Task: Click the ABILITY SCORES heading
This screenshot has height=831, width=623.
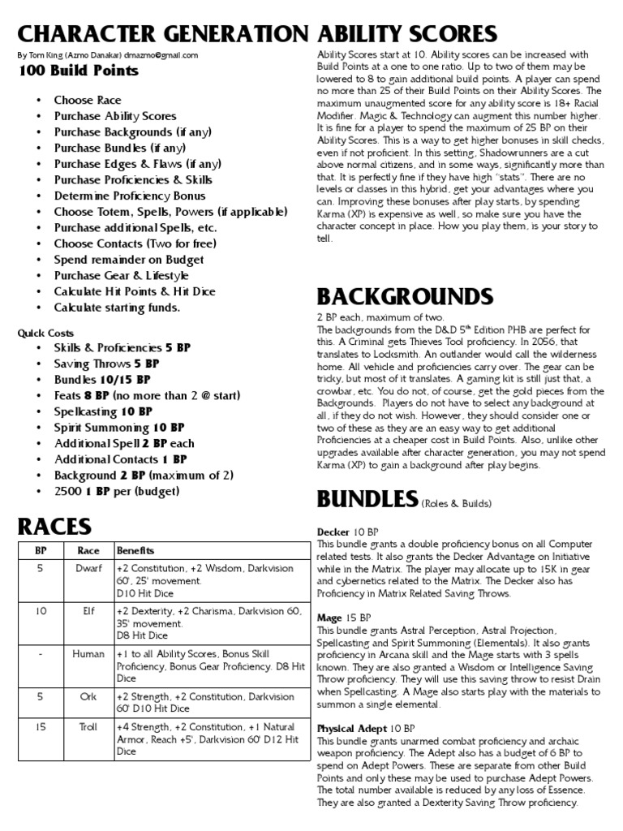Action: pos(406,33)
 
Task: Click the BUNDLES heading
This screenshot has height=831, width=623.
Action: pos(367,497)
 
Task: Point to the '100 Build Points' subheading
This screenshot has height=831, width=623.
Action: pos(78,71)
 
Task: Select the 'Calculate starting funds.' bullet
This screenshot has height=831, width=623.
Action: pos(117,308)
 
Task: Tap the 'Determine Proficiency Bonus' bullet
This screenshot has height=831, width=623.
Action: pos(130,196)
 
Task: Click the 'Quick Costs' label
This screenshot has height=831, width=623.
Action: pos(45,333)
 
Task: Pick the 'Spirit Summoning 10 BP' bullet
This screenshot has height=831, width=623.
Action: pos(119,427)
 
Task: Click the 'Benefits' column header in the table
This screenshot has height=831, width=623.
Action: pos(135,550)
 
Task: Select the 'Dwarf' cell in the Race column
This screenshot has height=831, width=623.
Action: pos(88,568)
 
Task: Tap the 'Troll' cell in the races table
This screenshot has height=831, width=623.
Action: pos(88,727)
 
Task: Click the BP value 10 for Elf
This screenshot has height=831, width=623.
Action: pos(41,610)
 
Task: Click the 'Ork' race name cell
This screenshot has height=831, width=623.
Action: pos(88,695)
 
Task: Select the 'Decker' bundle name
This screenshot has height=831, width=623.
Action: pos(333,532)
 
